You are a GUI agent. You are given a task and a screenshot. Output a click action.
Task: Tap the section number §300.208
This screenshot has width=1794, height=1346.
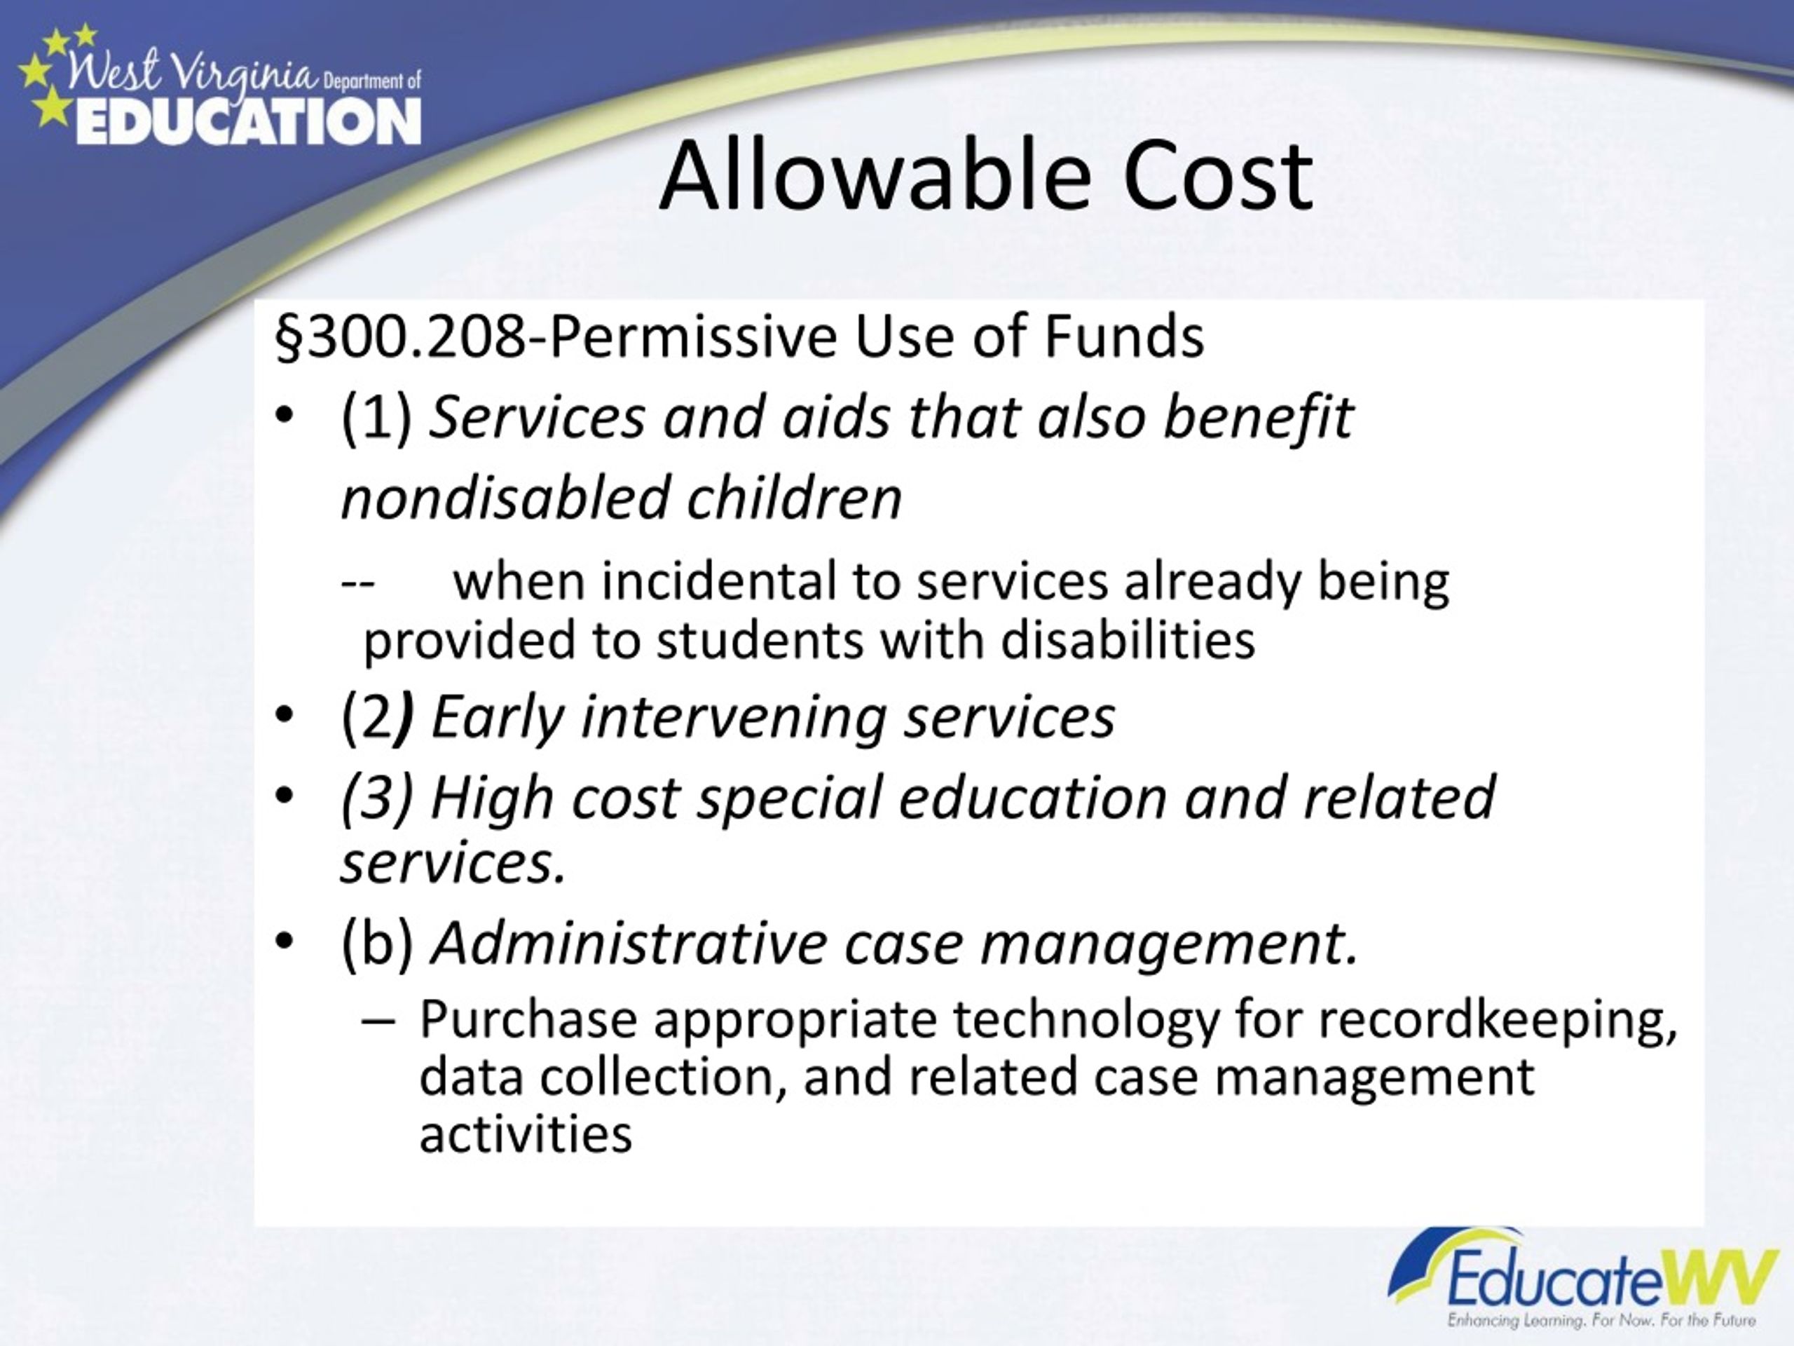401,336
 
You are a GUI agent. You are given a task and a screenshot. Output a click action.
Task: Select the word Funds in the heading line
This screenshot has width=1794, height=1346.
1123,336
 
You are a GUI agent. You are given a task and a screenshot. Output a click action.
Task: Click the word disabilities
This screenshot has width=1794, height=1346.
1128,640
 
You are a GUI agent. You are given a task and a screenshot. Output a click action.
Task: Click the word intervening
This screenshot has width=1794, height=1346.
733,717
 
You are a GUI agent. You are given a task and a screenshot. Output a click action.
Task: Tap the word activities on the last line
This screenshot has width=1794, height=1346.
526,1134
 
